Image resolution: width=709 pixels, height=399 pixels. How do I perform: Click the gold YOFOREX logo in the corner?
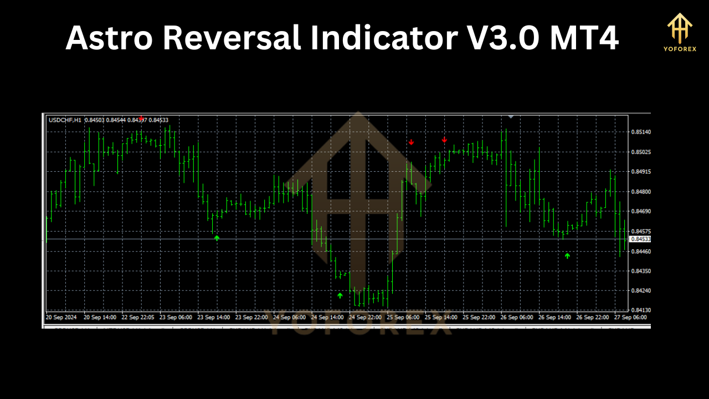click(679, 32)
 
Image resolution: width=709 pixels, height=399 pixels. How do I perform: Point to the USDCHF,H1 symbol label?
click(65, 120)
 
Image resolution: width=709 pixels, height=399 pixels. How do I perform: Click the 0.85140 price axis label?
click(641, 132)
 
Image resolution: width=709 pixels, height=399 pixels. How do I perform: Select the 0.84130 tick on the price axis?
click(641, 310)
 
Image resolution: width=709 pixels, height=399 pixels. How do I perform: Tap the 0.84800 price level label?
click(641, 192)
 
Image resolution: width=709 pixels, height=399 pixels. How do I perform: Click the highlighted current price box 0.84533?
click(640, 239)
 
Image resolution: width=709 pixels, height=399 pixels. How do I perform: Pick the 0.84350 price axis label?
click(641, 271)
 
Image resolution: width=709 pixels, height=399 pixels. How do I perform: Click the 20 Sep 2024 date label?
click(61, 318)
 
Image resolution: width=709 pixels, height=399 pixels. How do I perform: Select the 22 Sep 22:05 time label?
click(138, 318)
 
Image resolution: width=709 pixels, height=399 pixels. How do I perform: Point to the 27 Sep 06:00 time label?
click(630, 318)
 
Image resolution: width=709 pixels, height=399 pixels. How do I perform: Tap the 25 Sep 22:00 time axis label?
click(479, 318)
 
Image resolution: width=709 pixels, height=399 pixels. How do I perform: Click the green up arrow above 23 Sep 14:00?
click(217, 238)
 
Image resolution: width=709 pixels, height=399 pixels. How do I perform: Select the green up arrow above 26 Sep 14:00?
click(567, 255)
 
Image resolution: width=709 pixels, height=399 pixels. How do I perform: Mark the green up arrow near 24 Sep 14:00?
click(340, 295)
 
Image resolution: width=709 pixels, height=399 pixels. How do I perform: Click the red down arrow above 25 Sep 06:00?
click(411, 142)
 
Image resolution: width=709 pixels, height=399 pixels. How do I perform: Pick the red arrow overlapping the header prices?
click(141, 118)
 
